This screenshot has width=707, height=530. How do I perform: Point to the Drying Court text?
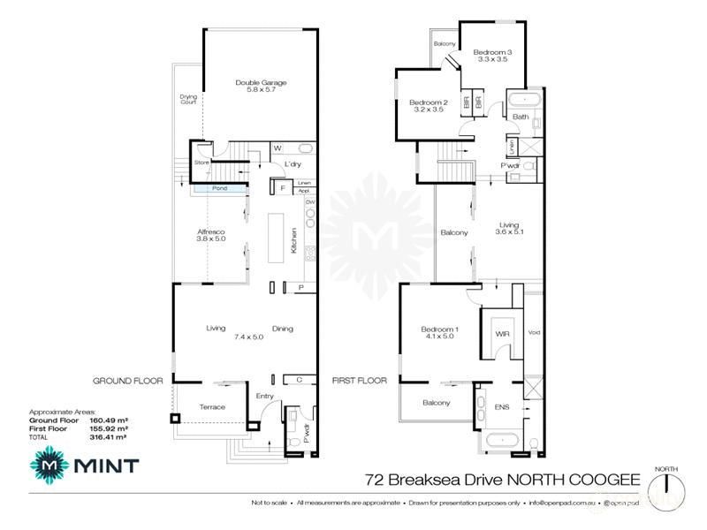(x=188, y=99)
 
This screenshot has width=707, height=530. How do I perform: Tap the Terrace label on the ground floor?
(x=211, y=406)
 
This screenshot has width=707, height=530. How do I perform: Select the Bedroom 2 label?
(x=429, y=106)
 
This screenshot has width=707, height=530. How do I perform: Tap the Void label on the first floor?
(x=533, y=333)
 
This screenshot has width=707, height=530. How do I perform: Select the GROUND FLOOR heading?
(x=128, y=381)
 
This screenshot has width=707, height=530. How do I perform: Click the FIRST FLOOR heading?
(x=360, y=381)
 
